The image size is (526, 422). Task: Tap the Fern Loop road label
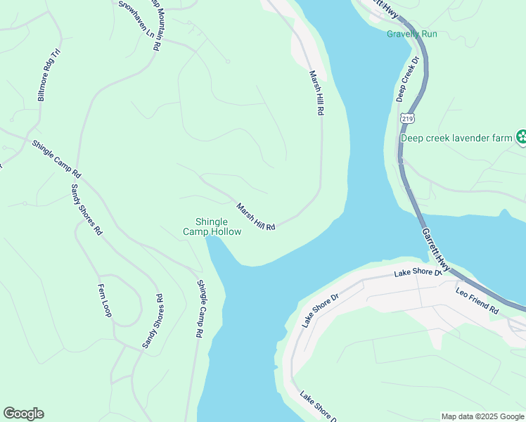pyautogui.click(x=105, y=300)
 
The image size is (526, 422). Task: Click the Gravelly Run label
pyautogui.click(x=411, y=34)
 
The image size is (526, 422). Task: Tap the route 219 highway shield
pyautogui.click(x=406, y=118)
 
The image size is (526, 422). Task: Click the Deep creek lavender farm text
pyautogui.click(x=456, y=138)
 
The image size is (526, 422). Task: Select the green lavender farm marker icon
pyautogui.click(x=520, y=138)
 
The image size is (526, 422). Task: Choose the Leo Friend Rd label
pyautogui.click(x=477, y=300)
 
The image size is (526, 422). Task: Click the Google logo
pyautogui.click(x=23, y=414)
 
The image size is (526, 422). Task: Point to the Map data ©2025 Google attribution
pyautogui.click(x=482, y=416)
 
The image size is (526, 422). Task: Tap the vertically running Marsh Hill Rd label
pyautogui.click(x=314, y=92)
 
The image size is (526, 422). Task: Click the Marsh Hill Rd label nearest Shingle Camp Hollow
pyautogui.click(x=255, y=217)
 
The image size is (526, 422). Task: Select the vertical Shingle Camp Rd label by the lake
pyautogui.click(x=200, y=310)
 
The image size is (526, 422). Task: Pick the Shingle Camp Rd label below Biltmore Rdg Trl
pyautogui.click(x=57, y=159)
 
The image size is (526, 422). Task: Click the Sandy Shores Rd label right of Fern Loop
pyautogui.click(x=153, y=321)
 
